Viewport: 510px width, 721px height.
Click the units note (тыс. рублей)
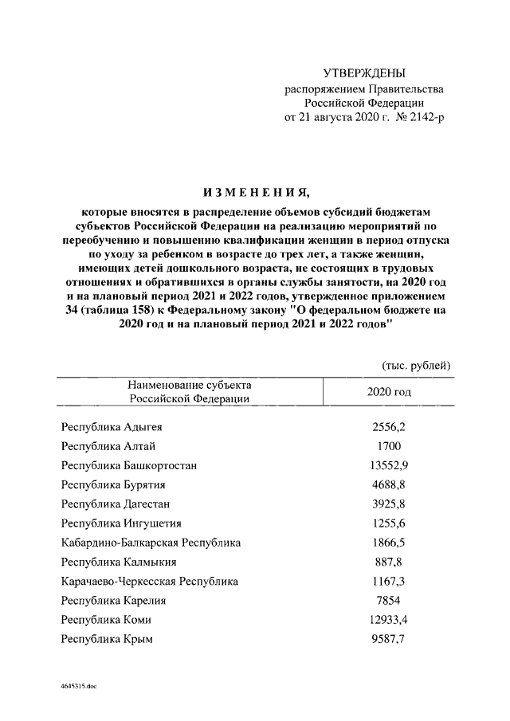[418, 365]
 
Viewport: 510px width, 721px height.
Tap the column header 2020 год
[389, 392]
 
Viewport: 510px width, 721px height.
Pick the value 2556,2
[389, 427]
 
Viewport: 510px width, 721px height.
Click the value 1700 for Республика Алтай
[389, 446]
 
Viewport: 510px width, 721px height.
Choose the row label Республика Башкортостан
[129, 465]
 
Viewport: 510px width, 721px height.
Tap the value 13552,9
[389, 465]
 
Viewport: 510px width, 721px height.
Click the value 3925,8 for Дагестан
[389, 504]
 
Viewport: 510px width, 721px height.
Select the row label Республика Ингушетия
[122, 523]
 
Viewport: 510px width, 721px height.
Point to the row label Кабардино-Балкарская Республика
[151, 543]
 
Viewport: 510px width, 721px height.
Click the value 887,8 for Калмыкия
[389, 562]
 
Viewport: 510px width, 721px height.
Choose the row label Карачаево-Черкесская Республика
[150, 581]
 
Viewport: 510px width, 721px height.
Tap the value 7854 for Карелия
[389, 600]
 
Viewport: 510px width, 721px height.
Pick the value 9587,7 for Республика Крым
[389, 638]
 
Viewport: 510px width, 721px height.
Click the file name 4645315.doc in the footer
[76, 685]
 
